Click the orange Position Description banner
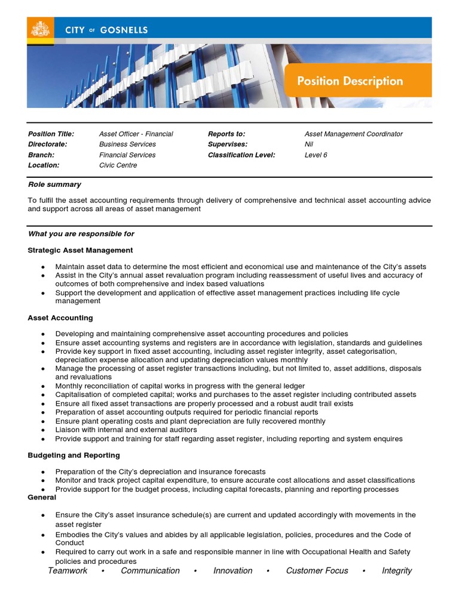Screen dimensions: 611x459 point(357,81)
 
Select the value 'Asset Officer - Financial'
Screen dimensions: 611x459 point(136,134)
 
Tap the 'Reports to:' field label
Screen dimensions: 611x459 point(227,134)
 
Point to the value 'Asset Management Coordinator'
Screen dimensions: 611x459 point(353,134)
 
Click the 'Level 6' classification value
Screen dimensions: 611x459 point(316,155)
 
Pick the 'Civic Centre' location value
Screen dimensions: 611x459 point(118,165)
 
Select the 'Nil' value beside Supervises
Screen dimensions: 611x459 point(309,144)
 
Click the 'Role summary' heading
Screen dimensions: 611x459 point(54,184)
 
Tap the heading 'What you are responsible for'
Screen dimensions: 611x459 point(81,234)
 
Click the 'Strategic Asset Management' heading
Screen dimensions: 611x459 point(80,250)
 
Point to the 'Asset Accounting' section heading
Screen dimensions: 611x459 point(60,318)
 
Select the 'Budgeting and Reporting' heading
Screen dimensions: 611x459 point(74,455)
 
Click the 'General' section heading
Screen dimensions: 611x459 point(42,497)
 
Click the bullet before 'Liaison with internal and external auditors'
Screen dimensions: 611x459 point(43,430)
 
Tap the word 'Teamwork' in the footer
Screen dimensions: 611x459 point(68,570)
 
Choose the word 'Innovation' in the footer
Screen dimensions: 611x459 point(232,570)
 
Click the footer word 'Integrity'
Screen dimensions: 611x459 point(397,570)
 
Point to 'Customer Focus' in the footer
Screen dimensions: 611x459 point(317,570)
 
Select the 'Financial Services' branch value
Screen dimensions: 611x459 point(127,155)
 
